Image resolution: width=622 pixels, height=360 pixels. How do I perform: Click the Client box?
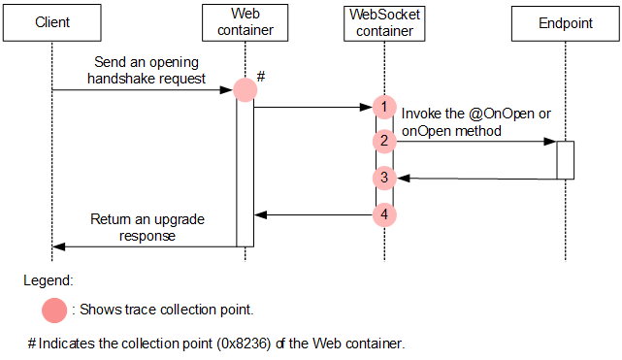tap(51, 21)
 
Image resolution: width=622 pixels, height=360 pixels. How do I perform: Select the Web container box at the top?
tap(246, 21)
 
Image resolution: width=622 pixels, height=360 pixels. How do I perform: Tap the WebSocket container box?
tap(384, 21)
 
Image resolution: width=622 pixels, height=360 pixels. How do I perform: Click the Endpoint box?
tap(565, 21)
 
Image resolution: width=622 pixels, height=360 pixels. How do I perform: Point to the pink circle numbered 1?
tap(384, 107)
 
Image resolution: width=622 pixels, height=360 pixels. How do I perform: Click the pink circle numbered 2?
tap(384, 142)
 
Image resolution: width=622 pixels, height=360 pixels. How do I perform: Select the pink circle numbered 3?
tap(384, 178)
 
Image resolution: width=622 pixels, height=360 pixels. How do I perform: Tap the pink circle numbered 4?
tap(384, 213)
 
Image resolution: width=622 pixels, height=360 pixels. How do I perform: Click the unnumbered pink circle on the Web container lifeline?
tap(246, 90)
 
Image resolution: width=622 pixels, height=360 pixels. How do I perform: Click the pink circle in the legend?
tap(54, 311)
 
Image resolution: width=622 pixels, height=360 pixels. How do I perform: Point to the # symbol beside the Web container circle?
tap(263, 75)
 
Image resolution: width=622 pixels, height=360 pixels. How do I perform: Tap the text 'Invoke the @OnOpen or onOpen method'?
tap(475, 122)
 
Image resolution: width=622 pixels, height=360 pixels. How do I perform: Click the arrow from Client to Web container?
tap(146, 90)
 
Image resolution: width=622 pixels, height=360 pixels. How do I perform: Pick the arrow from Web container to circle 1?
tap(312, 107)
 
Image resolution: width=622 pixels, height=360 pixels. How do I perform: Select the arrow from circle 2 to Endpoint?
tap(475, 142)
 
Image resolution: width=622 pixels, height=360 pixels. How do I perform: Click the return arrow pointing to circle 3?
tap(475, 178)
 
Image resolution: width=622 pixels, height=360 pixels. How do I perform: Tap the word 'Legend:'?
tap(49, 280)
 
